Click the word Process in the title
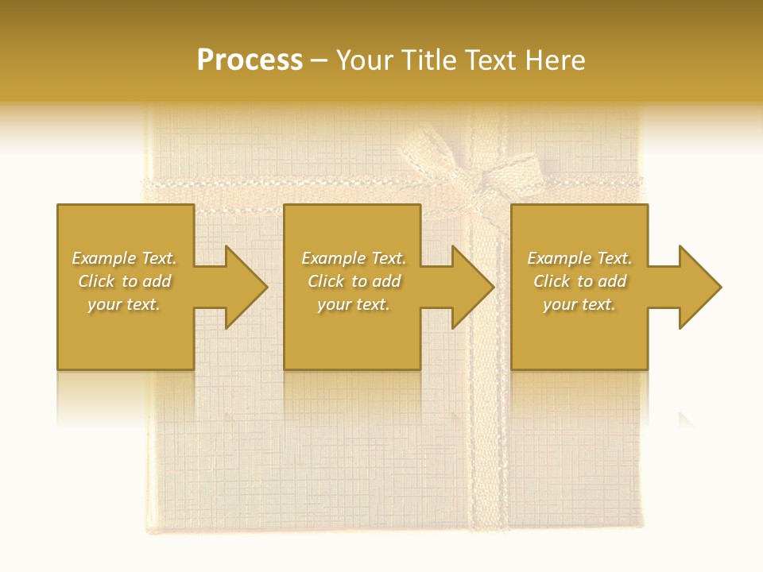tap(250, 60)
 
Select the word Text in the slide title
tap(491, 60)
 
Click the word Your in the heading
tap(365, 60)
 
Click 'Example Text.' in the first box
tap(125, 258)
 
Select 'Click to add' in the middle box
tap(354, 281)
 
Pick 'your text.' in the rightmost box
tap(579, 304)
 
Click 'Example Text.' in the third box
tap(579, 258)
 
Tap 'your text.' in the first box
tap(125, 304)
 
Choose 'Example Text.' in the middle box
tap(354, 258)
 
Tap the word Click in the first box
tap(97, 281)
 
